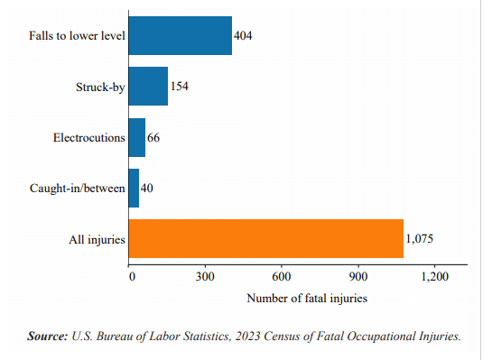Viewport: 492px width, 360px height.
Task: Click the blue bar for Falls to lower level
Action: point(180,36)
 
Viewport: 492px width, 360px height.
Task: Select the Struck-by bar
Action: point(148,87)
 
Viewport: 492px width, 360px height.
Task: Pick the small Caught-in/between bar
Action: point(134,188)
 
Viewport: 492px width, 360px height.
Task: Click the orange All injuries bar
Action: point(265,239)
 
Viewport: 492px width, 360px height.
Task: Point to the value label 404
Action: point(244,36)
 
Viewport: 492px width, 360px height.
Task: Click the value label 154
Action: point(180,87)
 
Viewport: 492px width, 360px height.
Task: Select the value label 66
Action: point(154,137)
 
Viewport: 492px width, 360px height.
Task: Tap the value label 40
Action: point(147,188)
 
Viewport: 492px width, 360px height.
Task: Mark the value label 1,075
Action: point(422,239)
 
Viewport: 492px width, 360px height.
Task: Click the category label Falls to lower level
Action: point(77,36)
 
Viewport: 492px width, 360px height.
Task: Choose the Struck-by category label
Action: point(100,87)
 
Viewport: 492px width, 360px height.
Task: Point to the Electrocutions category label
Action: point(88,137)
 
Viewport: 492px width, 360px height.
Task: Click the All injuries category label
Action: point(97,239)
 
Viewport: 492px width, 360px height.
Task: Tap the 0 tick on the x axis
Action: point(132,276)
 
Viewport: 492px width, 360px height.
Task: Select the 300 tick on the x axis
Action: point(207,276)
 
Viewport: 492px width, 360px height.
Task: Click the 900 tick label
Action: point(359,276)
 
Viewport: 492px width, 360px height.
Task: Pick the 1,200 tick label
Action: point(434,276)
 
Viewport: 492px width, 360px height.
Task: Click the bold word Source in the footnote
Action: point(48,337)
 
